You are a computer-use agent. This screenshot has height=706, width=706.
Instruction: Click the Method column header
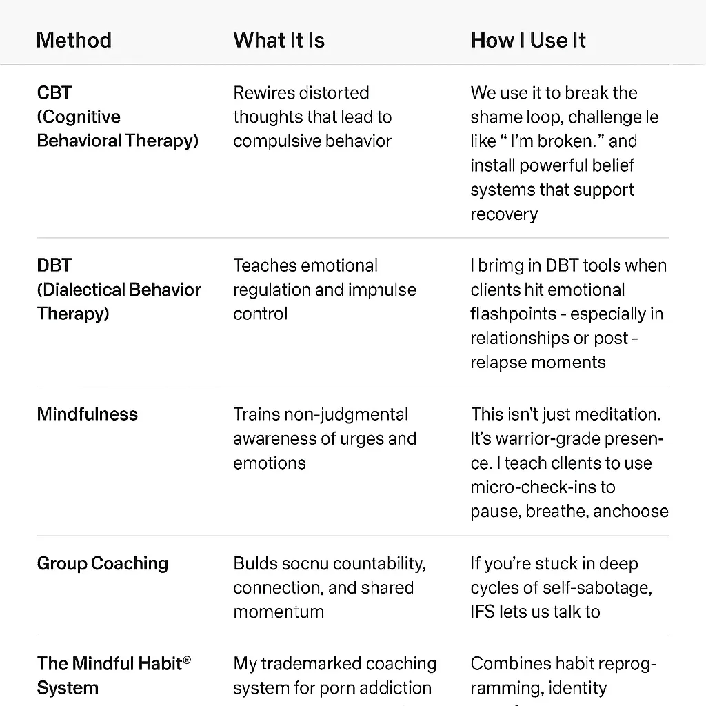coord(74,40)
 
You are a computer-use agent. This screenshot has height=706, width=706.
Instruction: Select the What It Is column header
coord(279,40)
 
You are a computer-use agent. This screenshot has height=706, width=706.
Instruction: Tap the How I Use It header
coord(528,40)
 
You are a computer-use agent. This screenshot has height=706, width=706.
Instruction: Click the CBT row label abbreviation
coord(54,93)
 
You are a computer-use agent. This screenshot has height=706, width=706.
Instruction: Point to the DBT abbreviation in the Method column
coord(54,265)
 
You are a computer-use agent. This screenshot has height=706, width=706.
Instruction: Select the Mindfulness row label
coord(87,414)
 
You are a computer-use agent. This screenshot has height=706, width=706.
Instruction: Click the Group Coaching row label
coord(102,563)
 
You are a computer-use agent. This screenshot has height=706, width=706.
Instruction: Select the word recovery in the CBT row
coord(504,214)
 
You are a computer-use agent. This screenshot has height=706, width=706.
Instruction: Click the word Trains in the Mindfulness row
coord(256,414)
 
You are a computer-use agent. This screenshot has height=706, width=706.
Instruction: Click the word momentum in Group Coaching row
coord(279,612)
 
